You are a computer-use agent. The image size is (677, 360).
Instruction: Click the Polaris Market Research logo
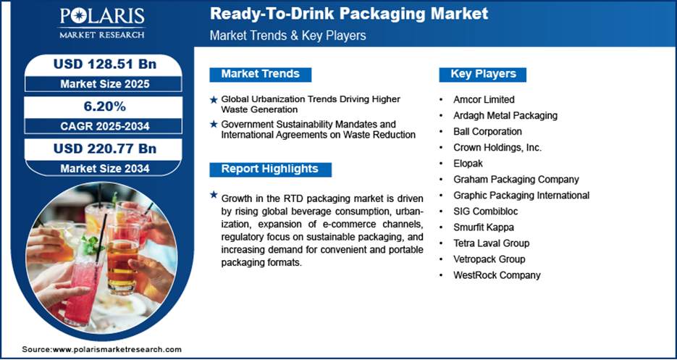[x=102, y=23]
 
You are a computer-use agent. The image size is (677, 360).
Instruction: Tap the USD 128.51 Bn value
[x=104, y=64]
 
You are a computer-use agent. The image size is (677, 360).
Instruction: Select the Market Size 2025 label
[x=104, y=84]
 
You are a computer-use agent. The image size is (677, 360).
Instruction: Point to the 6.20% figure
[x=104, y=106]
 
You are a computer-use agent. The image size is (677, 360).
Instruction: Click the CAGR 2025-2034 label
[x=104, y=126]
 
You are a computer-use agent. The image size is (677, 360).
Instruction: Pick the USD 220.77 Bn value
[x=104, y=148]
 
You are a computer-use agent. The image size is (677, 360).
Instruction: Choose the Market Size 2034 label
[x=104, y=168]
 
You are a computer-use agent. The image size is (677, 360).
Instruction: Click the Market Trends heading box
[x=261, y=75]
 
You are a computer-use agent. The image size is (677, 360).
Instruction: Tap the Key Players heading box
[x=483, y=75]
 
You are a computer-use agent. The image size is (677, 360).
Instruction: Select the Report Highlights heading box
[x=270, y=169]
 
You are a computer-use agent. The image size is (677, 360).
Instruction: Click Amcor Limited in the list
[x=484, y=100]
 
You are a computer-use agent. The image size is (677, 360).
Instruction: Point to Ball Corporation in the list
[x=487, y=131]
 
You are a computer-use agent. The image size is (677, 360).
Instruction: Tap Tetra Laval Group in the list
[x=491, y=243]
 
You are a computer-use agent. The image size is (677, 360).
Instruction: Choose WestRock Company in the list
[x=497, y=275]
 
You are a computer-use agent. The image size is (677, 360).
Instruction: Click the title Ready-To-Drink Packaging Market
[x=349, y=13]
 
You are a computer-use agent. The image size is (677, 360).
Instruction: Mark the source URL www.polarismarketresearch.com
[x=117, y=349]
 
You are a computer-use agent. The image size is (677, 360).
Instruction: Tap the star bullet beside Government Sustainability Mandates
[x=214, y=125]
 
